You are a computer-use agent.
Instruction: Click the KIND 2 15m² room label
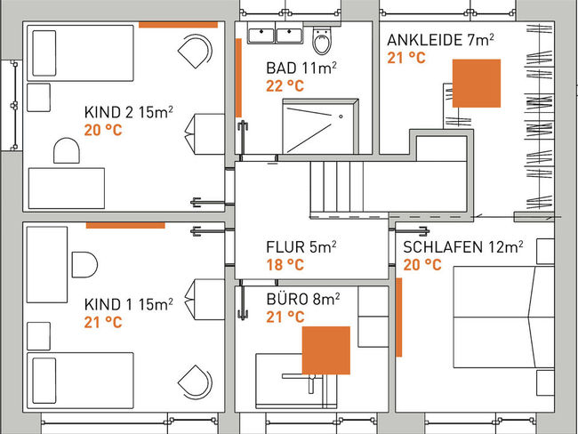(128, 112)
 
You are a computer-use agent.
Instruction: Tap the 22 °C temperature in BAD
(285, 86)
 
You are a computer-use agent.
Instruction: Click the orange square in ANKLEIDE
(476, 84)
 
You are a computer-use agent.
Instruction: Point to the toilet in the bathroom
(322, 39)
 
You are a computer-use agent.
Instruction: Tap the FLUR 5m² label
(301, 247)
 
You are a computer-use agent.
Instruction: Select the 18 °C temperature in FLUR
(285, 265)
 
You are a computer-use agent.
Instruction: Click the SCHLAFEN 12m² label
(463, 247)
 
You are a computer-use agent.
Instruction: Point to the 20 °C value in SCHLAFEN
(421, 265)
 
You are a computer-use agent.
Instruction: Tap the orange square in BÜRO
(325, 350)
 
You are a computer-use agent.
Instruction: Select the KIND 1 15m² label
(128, 304)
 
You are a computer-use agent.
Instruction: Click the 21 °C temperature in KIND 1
(103, 322)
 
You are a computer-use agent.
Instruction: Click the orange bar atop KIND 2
(178, 25)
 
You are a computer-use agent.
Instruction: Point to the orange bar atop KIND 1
(125, 225)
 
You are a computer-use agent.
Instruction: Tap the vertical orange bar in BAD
(238, 77)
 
